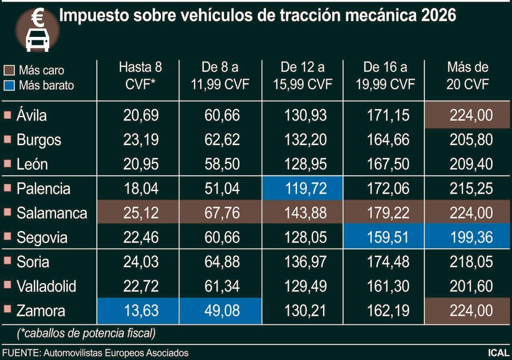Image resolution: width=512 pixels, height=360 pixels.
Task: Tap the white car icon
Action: pyautogui.click(x=38, y=40)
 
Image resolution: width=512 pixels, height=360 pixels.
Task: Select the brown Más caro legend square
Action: pyautogui.click(x=11, y=70)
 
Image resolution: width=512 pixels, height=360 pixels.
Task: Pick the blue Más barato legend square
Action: pyautogui.click(x=11, y=85)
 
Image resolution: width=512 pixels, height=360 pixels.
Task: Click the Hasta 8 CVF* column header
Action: pyautogui.click(x=141, y=75)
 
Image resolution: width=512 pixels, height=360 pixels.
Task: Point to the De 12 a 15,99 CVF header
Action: pyautogui.click(x=303, y=75)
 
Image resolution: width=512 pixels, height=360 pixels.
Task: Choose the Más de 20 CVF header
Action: pyautogui.click(x=468, y=75)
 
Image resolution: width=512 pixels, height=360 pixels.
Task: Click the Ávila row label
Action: pyautogui.click(x=32, y=116)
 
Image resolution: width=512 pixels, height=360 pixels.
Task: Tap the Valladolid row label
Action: pyautogui.click(x=46, y=286)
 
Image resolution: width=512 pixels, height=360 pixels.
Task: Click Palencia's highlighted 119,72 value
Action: pyautogui.click(x=305, y=188)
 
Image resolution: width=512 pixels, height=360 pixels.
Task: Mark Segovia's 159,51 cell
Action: pyautogui.click(x=388, y=237)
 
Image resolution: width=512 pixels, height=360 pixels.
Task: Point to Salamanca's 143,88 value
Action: pyautogui.click(x=305, y=213)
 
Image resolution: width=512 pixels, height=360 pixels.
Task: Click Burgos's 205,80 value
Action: pyautogui.click(x=471, y=140)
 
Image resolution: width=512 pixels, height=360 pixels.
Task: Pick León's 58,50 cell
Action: pyautogui.click(x=221, y=164)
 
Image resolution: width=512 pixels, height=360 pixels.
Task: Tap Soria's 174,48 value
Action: pyautogui.click(x=388, y=262)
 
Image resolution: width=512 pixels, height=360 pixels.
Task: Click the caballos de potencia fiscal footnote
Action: pyautogui.click(x=86, y=333)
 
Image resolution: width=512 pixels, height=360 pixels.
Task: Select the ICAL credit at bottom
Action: pyautogui.click(x=498, y=353)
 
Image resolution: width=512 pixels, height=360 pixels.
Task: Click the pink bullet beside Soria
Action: pyautogui.click(x=7, y=261)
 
